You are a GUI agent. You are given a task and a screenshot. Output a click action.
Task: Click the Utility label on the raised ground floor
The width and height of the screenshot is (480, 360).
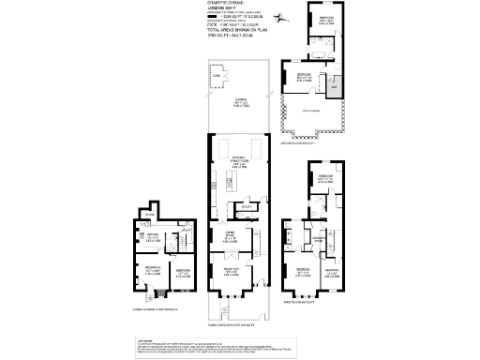click(247, 206)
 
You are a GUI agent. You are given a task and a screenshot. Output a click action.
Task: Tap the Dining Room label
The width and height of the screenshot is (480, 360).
click(229, 232)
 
